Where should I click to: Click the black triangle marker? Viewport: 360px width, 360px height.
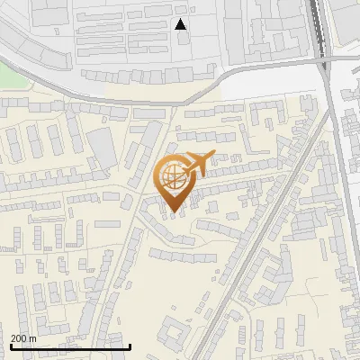(x=181, y=24)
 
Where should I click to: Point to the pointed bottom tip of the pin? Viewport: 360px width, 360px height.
(x=172, y=211)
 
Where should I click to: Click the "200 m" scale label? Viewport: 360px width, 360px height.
(x=23, y=337)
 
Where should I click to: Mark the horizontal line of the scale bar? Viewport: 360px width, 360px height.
(x=70, y=346)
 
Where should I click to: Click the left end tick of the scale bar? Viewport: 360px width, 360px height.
(x=10, y=345)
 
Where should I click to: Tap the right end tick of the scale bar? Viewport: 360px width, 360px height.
(x=130, y=345)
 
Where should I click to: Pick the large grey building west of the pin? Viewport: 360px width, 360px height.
(x=102, y=148)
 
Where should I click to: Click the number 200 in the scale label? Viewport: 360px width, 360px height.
(x=18, y=337)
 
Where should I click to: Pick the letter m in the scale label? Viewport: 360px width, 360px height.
(x=32, y=337)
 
